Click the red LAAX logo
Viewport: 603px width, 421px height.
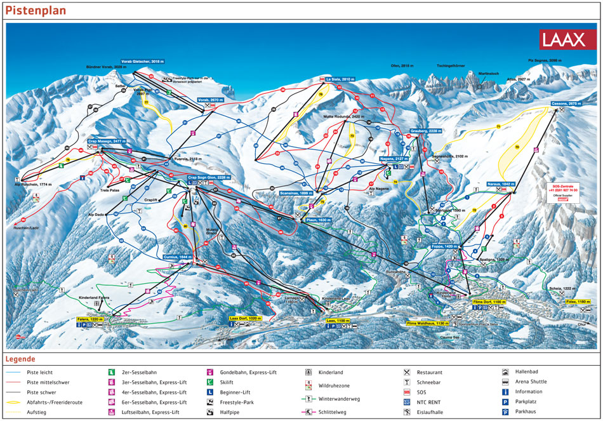[x=563, y=39]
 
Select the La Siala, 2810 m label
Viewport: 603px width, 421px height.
[x=340, y=79]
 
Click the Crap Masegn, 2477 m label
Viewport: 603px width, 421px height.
[x=107, y=141]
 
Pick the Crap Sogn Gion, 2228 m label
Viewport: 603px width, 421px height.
[x=206, y=177]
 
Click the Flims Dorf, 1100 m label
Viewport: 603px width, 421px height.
[x=489, y=302]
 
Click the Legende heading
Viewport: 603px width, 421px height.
[x=20, y=359]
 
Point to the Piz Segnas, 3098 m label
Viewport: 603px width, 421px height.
[x=545, y=60]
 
